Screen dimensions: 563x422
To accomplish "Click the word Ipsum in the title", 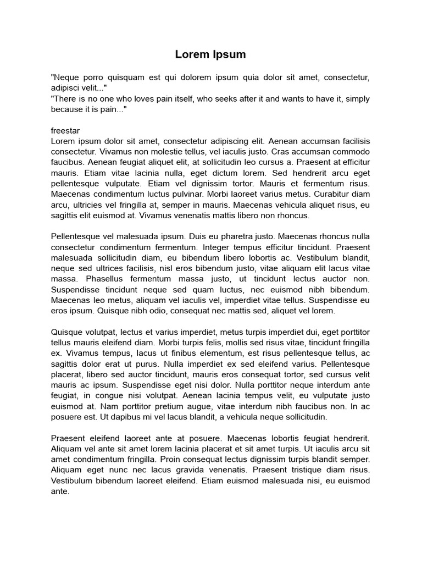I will click(x=227, y=54).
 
